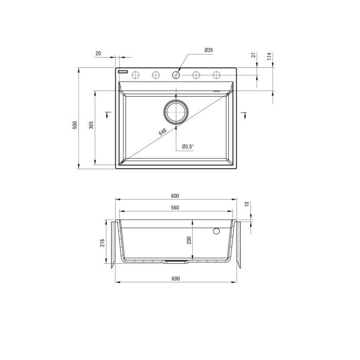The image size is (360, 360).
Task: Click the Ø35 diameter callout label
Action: pyautogui.click(x=208, y=50)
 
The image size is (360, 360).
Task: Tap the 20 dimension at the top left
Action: pyautogui.click(x=98, y=53)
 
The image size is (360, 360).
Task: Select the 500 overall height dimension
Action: pyautogui.click(x=75, y=125)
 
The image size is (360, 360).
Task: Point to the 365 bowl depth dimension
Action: pyautogui.click(x=91, y=125)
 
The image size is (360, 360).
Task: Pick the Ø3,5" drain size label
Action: pyautogui.click(x=188, y=147)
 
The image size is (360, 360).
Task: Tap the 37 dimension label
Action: pyautogui.click(x=254, y=55)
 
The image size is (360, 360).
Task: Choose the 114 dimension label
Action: pyautogui.click(x=269, y=56)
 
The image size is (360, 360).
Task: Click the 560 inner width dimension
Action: pyautogui.click(x=175, y=208)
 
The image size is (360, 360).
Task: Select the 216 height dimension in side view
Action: pyautogui.click(x=102, y=243)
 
